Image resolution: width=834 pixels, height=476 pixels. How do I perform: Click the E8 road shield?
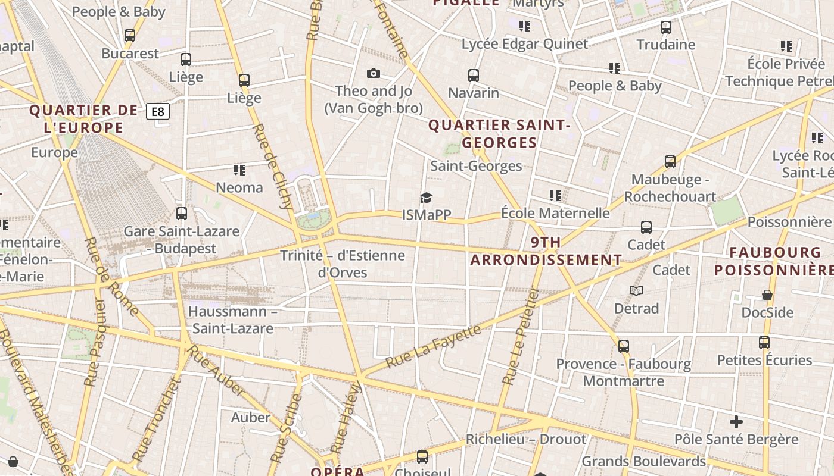point(158,111)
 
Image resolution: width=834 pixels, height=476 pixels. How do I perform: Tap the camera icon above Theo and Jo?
point(374,73)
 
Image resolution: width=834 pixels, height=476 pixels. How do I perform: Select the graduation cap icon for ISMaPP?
point(426,198)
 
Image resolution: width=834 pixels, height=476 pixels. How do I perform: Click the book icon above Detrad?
point(636,290)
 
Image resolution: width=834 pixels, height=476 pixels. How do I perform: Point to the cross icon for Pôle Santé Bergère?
point(736,422)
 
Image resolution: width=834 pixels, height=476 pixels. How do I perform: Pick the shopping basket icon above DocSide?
point(767,295)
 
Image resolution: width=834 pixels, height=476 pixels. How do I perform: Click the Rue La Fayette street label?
point(432,346)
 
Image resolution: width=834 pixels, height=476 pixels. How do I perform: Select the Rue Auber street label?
point(216,369)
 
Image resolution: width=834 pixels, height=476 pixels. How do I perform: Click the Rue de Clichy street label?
point(272,167)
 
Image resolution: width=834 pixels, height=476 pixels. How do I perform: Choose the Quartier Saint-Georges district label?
point(499,134)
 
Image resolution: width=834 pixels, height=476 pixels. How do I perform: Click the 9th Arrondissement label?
point(546,251)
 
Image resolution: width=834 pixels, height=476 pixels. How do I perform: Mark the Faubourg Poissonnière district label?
point(774,261)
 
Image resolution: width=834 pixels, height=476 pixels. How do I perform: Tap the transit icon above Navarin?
point(474,76)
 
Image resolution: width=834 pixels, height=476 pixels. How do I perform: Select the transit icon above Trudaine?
point(666,27)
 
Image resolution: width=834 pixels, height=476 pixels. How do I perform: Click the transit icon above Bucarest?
point(130,36)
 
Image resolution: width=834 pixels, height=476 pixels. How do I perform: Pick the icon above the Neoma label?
point(239,170)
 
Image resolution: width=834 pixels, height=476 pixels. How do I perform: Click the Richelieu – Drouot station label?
point(525,440)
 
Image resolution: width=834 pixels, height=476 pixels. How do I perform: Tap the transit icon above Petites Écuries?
point(764,343)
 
